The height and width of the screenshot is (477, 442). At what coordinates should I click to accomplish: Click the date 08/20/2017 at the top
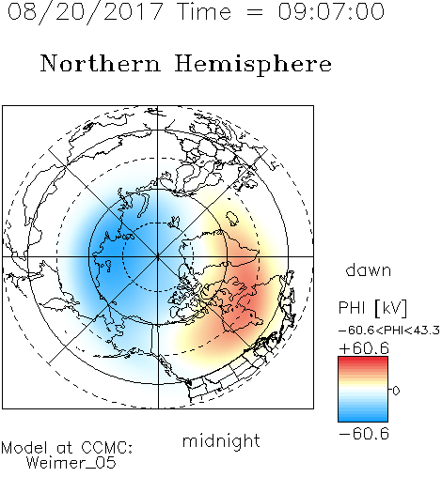click(85, 12)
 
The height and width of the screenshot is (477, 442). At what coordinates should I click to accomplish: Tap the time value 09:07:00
click(331, 11)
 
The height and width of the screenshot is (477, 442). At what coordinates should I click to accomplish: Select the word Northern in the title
click(101, 64)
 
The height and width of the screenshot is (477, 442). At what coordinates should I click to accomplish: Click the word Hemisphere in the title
click(253, 65)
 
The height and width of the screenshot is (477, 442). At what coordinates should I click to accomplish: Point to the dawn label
click(369, 269)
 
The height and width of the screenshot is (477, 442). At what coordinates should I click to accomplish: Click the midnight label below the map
click(221, 440)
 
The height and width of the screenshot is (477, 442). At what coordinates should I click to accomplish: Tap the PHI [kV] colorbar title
click(372, 308)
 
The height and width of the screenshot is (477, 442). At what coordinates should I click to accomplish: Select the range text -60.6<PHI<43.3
click(389, 331)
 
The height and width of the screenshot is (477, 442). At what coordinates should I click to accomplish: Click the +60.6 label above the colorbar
click(364, 348)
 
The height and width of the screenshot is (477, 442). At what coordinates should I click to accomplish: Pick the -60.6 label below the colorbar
click(364, 434)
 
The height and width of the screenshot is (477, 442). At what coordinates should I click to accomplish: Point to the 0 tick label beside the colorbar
click(396, 391)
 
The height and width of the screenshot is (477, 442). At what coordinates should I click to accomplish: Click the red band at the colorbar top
click(363, 360)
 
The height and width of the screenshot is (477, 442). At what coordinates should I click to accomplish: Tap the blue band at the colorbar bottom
click(363, 418)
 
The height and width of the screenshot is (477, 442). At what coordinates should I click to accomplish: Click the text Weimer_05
click(71, 463)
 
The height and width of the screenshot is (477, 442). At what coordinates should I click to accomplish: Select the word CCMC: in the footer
click(106, 448)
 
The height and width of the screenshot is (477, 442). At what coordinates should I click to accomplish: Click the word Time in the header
click(204, 11)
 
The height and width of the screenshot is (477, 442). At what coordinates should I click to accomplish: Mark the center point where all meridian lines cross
click(158, 256)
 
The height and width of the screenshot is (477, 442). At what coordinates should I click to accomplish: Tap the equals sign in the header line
click(254, 13)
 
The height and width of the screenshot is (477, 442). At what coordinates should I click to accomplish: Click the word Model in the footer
click(24, 448)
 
